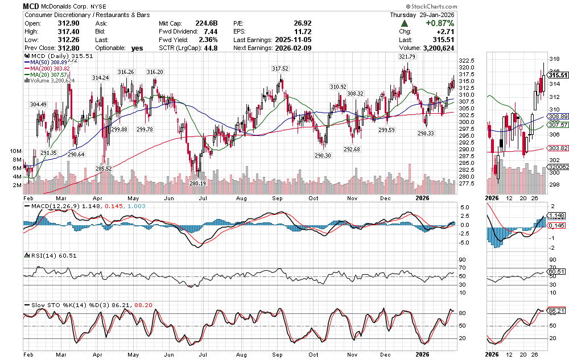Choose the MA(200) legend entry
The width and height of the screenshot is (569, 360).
(x=49, y=68)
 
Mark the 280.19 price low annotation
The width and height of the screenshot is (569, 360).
(x=197, y=183)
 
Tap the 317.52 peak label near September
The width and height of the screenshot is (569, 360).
(x=280, y=68)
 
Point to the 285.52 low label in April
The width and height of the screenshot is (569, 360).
(x=104, y=169)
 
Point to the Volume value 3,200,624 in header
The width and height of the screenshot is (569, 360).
(x=435, y=48)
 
